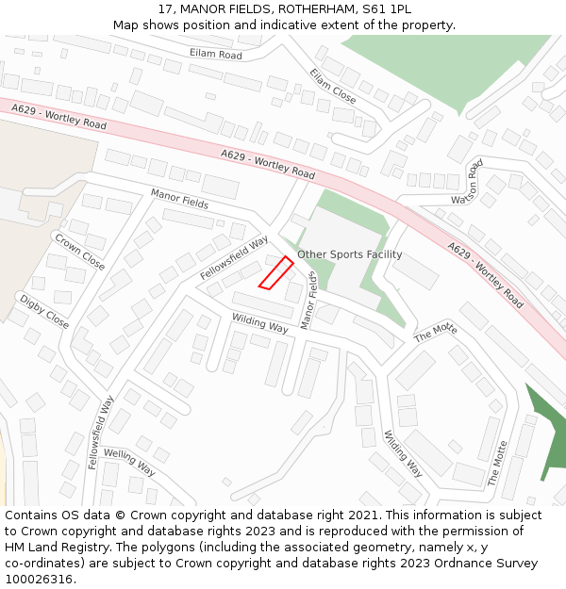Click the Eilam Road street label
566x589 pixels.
(x=215, y=55)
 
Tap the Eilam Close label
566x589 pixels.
(x=333, y=86)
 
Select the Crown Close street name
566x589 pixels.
(x=79, y=252)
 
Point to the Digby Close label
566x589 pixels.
(x=44, y=312)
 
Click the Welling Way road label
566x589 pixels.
(x=129, y=461)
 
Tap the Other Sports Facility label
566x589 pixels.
(x=349, y=254)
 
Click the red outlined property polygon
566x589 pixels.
(x=275, y=272)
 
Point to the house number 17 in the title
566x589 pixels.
(x=166, y=8)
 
